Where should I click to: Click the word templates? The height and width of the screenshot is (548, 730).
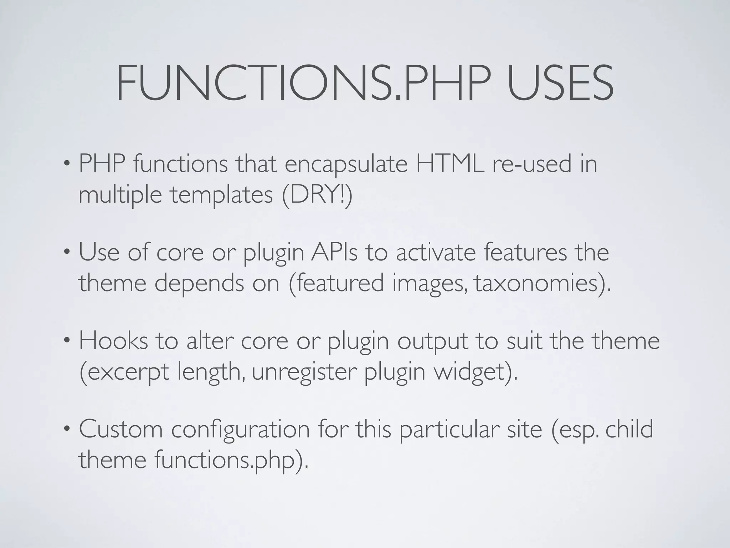pos(221,196)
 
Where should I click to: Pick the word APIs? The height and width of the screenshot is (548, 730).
pos(334,253)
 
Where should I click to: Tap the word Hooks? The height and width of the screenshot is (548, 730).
pos(113,341)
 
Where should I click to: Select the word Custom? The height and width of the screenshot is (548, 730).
pos(120,429)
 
